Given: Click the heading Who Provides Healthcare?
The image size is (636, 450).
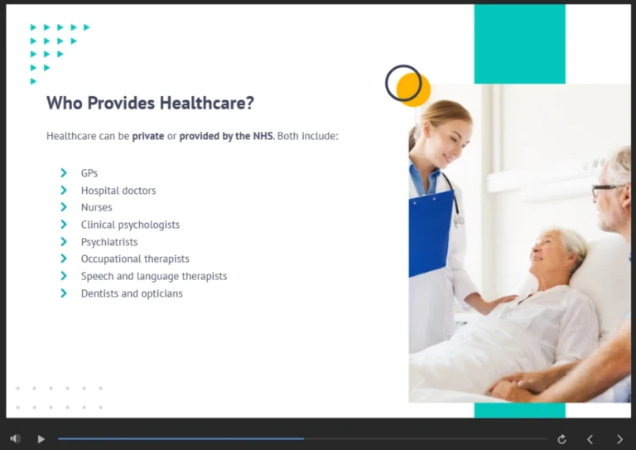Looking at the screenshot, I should click(x=150, y=104).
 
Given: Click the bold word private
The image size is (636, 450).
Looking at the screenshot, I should click(x=148, y=136).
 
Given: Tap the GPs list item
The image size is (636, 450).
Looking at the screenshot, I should click(x=89, y=173).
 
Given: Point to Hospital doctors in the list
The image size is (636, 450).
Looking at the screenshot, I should click(x=118, y=191).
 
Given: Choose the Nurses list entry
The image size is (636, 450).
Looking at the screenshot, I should click(x=96, y=207).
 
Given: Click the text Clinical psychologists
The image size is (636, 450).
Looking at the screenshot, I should click(x=130, y=225).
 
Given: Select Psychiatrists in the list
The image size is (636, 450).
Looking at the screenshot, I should click(x=109, y=242).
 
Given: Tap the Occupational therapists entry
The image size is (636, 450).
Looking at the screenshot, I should click(x=135, y=259).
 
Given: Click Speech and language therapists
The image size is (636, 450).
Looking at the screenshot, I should click(x=153, y=276).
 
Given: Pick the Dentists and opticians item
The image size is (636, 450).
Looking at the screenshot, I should click(x=132, y=293).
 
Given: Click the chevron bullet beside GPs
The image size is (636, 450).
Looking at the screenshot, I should click(x=64, y=173).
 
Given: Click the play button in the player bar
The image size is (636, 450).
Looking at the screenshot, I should click(x=41, y=438).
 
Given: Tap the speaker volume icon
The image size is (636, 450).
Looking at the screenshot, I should click(x=15, y=438).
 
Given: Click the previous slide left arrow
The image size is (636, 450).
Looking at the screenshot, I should click(x=590, y=438).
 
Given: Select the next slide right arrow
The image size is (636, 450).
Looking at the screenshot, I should click(x=619, y=438).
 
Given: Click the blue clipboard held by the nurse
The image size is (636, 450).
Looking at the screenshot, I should click(x=431, y=232).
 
